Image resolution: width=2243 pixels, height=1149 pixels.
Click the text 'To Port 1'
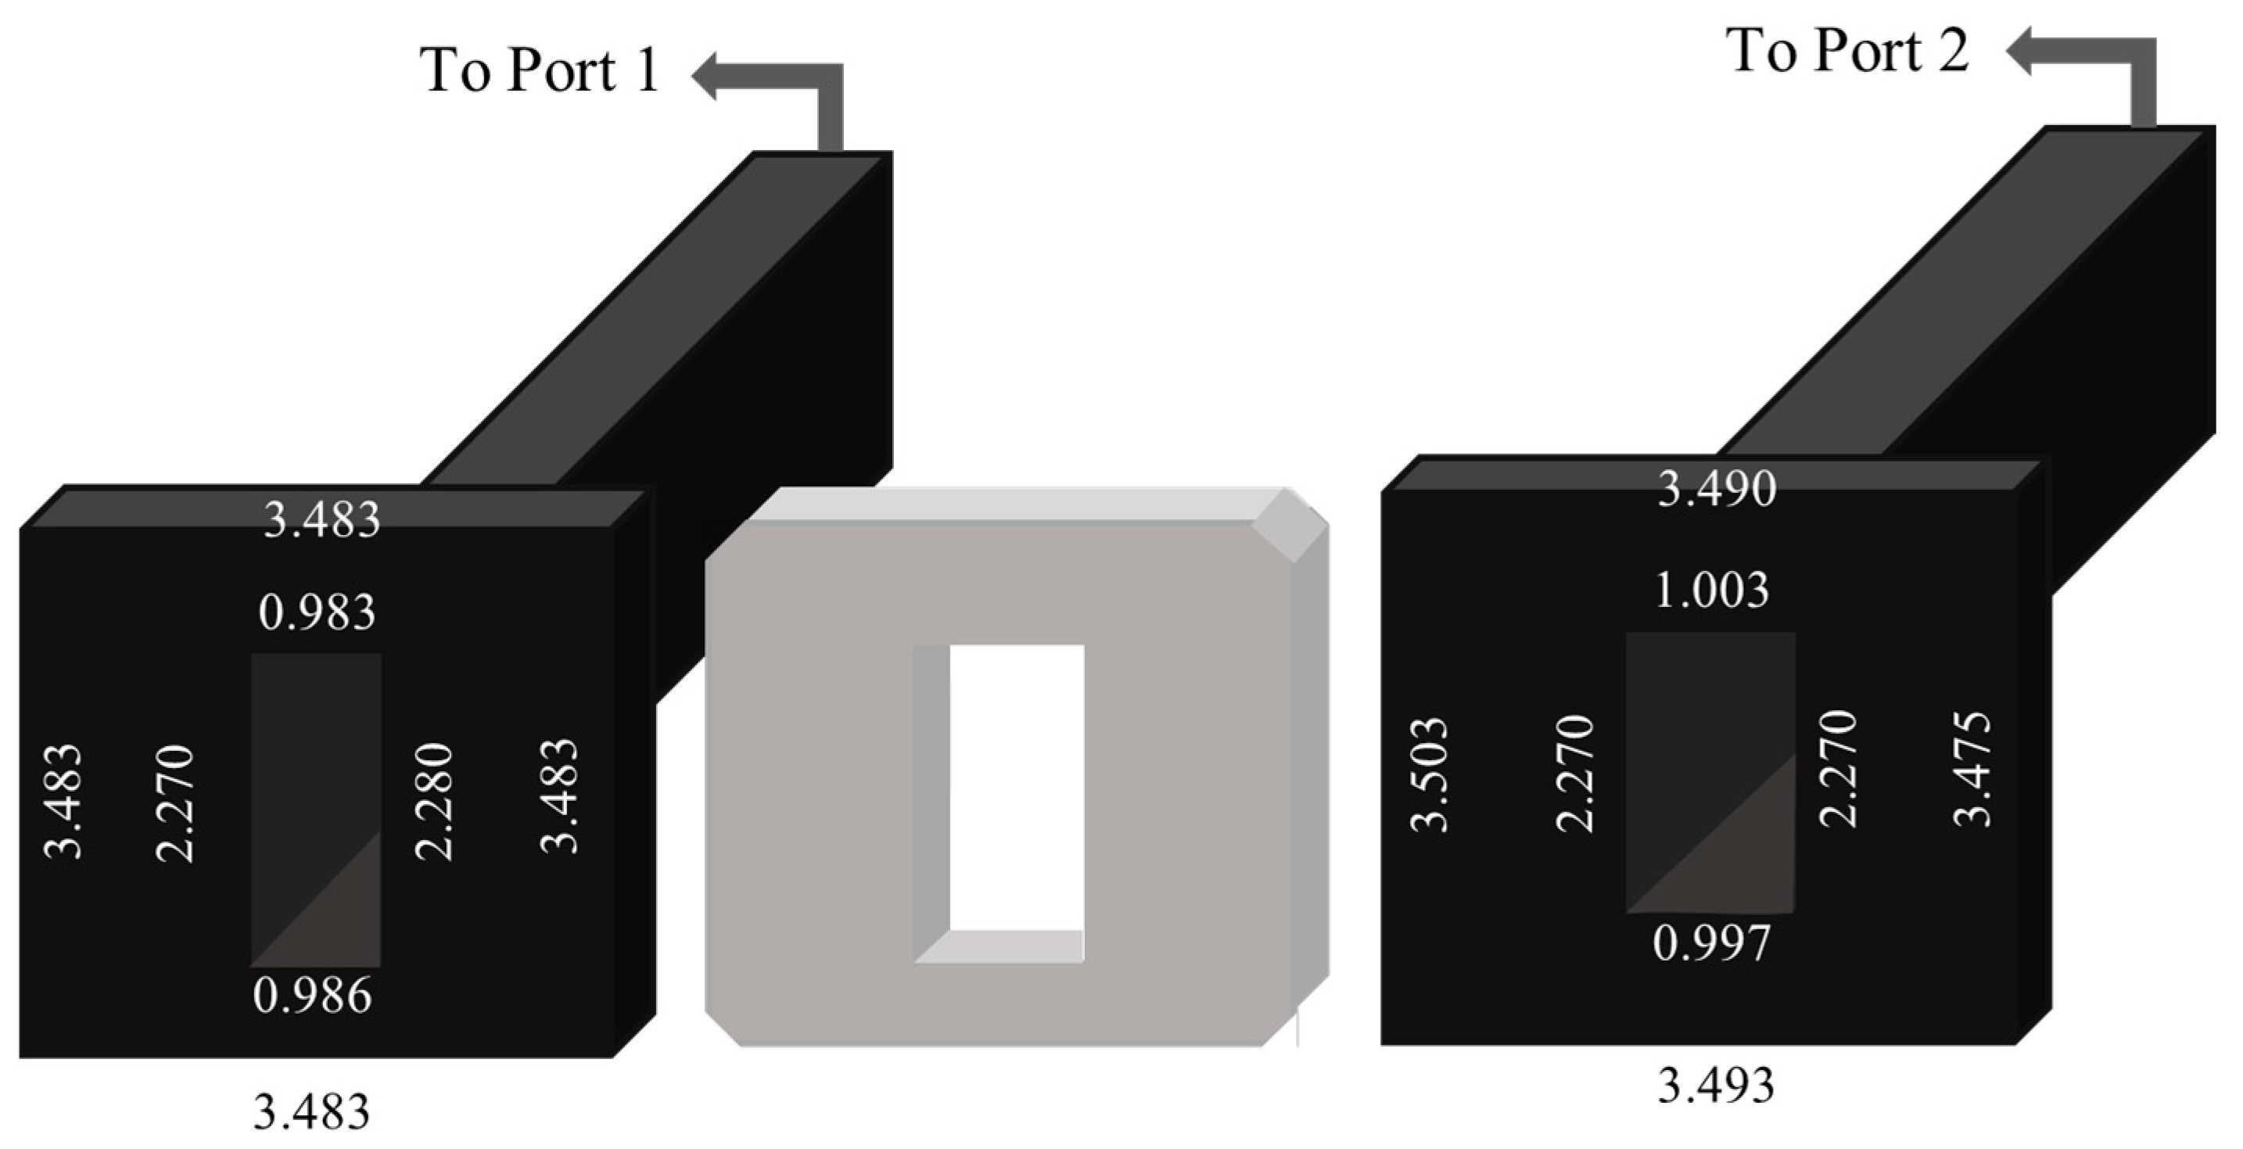tap(540, 70)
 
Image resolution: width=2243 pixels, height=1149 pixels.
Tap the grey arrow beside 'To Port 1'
tap(784, 87)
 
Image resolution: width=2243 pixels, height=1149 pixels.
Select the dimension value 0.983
tap(317, 613)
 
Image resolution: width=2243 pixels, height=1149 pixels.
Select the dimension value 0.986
tap(313, 996)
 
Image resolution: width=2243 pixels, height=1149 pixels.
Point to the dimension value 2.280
tap(433, 803)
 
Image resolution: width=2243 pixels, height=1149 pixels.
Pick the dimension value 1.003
tap(1711, 591)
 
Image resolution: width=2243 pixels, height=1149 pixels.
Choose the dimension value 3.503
tap(1429, 775)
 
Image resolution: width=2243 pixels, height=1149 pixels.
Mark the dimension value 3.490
tap(1716, 489)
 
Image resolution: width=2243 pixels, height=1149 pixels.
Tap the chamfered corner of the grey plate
tap(1291, 526)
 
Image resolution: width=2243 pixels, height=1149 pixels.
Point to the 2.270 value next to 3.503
tap(1574, 774)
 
